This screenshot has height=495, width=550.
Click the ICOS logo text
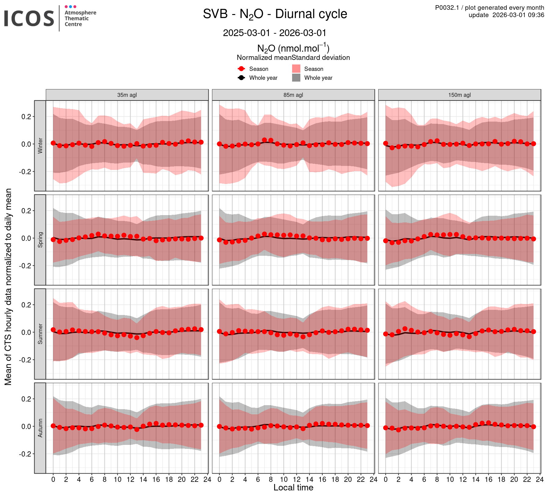[29, 18]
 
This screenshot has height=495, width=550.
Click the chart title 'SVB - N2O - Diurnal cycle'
[275, 14]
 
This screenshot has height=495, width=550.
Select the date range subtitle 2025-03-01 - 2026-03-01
[275, 33]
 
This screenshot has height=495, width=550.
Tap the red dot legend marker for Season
[241, 69]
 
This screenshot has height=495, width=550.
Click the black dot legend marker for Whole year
[241, 78]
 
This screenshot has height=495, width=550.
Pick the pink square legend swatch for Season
[296, 69]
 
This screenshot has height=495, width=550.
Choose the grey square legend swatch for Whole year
[296, 78]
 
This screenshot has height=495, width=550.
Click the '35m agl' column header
[127, 95]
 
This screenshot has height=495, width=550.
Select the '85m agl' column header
[293, 95]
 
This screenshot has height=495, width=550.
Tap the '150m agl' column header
[460, 95]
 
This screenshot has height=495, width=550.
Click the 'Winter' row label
[40, 146]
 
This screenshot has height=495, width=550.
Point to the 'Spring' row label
[40, 240]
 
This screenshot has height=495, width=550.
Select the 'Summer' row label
[40, 334]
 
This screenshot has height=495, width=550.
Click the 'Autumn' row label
[40, 428]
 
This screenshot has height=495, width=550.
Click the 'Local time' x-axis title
[293, 488]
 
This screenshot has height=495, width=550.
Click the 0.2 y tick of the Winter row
[26, 117]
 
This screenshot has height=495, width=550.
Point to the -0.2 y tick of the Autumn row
[25, 454]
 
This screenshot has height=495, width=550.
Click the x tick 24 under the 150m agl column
[540, 479]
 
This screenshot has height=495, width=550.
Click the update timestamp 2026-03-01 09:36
[506, 15]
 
